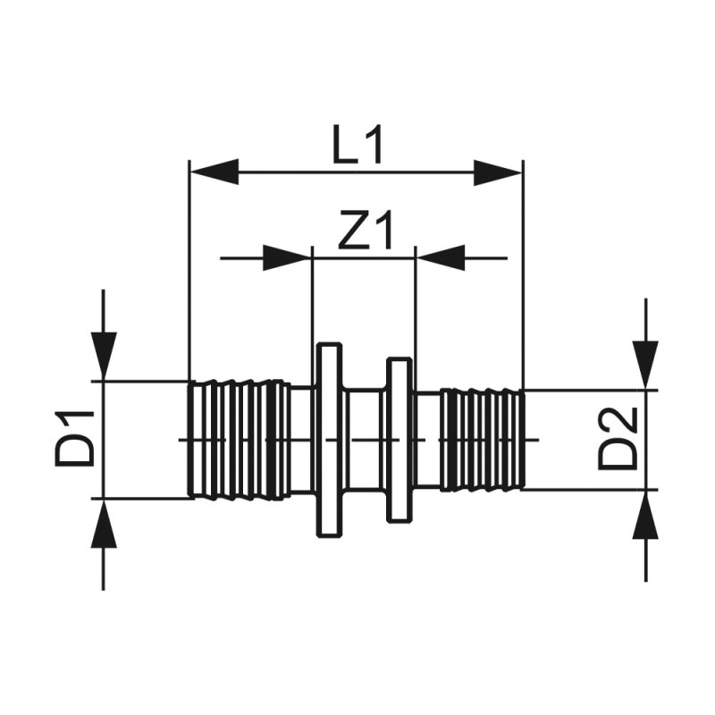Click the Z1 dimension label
tap(366, 233)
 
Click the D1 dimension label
tap(77, 437)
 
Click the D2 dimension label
tap(618, 438)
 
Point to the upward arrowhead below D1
tap(105, 523)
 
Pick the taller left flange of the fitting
tap(330, 439)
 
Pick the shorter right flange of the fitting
tap(399, 439)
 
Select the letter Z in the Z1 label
tap(355, 233)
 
